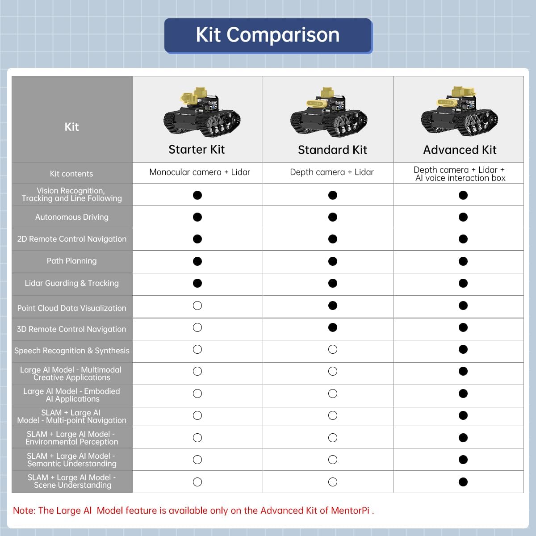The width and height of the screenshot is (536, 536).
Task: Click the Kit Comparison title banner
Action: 268,35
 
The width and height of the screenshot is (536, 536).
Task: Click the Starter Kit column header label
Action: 197,150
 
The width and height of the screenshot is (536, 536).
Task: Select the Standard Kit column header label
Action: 332,150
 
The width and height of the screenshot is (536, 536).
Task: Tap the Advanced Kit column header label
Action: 460,150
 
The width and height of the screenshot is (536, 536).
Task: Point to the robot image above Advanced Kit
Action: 459,112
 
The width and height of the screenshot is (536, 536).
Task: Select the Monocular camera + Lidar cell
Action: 200,172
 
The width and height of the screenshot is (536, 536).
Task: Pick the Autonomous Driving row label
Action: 72,217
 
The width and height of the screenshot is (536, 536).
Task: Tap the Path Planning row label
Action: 72,261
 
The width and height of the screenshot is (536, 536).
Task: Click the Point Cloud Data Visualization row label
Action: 72,308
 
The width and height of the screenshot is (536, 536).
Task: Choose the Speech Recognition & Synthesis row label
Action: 72,351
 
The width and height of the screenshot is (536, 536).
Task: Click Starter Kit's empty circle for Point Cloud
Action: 197,306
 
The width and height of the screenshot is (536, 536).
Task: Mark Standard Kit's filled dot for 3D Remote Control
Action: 333,327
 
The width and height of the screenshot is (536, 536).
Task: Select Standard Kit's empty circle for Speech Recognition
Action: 333,349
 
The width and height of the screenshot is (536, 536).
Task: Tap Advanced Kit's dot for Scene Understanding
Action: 463,482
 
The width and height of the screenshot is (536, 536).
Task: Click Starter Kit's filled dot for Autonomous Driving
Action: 197,217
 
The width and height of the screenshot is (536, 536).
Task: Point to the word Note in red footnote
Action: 24,511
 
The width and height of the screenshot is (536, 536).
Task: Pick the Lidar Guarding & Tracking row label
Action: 72,283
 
